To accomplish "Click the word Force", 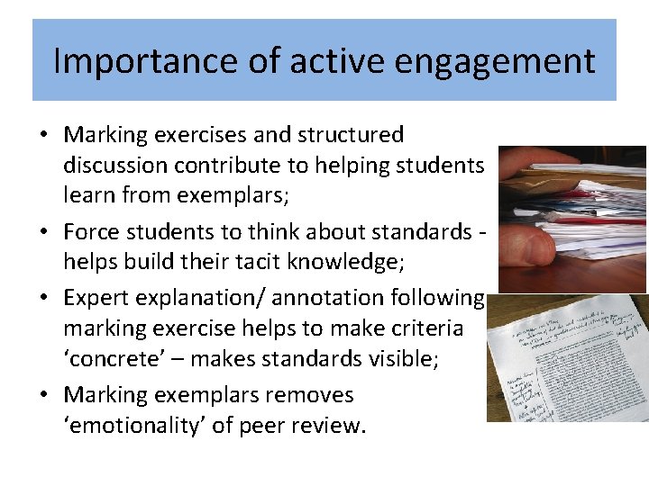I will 89,232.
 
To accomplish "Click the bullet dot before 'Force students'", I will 44,233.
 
